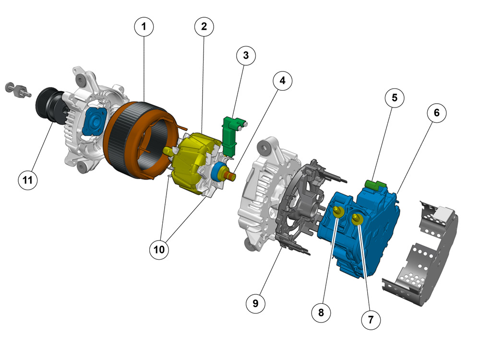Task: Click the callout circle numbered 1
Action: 144,26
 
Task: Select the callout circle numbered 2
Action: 204,26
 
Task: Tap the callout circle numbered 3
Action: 246,55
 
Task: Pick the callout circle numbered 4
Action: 282,81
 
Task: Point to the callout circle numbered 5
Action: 394,98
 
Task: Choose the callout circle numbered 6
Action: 436,113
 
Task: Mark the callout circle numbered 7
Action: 371,320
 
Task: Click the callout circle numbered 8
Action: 321,312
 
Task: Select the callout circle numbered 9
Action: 255,303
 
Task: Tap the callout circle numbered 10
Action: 159,250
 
